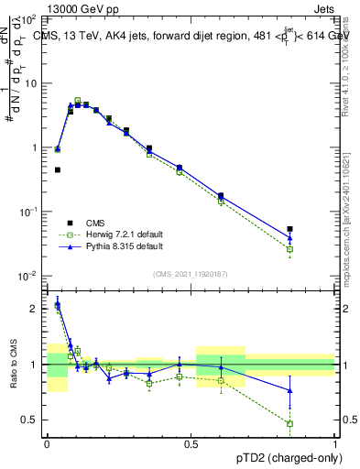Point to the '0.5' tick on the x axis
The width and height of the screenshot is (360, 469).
click(191, 442)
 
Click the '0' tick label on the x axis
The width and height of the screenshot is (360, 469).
click(47, 442)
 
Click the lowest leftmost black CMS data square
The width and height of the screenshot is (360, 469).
click(58, 169)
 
